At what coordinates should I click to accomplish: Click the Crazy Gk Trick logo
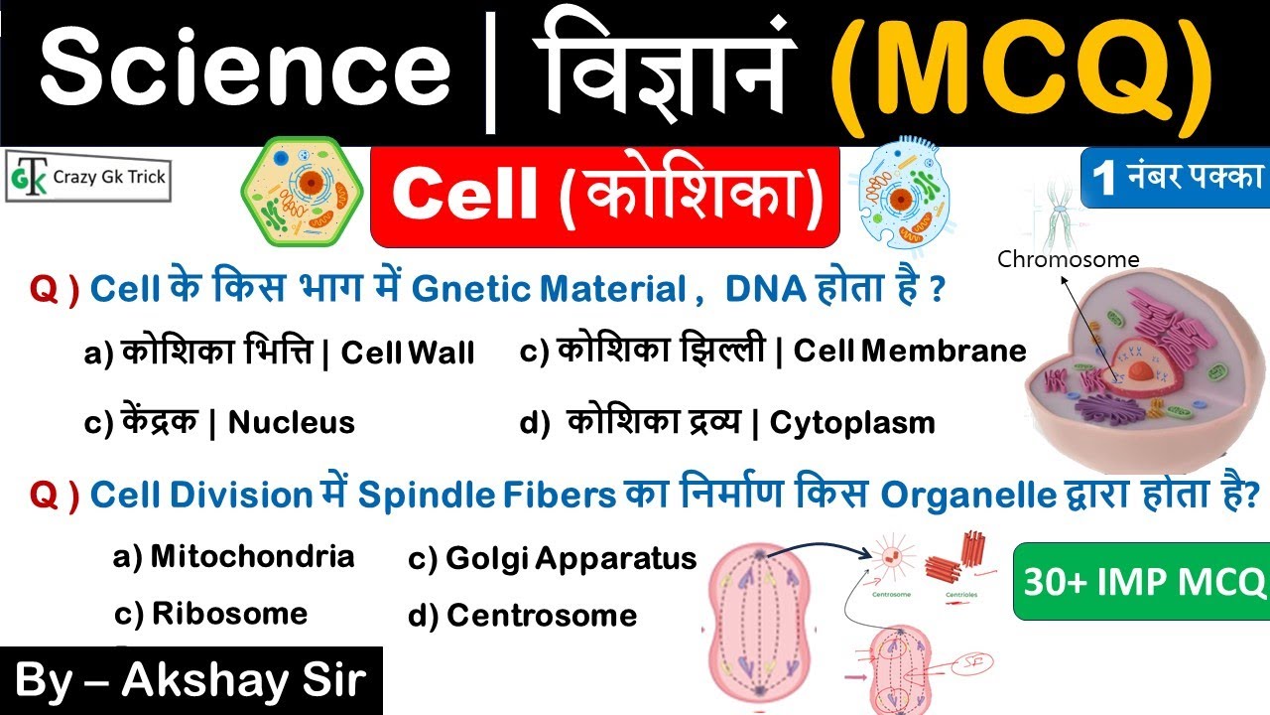(x=87, y=178)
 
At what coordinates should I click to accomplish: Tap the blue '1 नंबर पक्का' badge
(x=1175, y=178)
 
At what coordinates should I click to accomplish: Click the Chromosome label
(x=1068, y=260)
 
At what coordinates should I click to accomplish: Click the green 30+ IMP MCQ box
(x=1141, y=581)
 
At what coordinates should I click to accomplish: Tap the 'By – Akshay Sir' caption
(x=190, y=681)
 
